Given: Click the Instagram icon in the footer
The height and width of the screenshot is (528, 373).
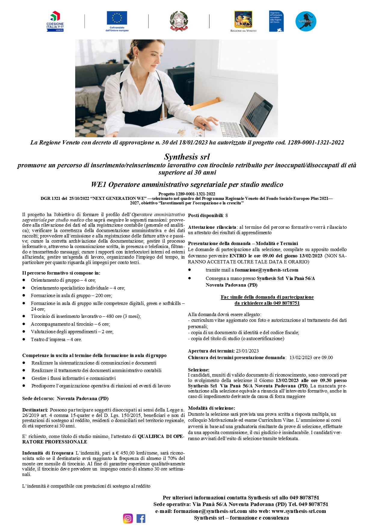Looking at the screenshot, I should tap(128, 518).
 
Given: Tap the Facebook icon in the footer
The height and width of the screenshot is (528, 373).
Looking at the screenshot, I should tap(141, 518).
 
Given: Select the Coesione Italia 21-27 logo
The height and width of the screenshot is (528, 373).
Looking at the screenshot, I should tap(55, 21).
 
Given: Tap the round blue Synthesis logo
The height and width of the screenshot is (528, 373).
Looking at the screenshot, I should tap(306, 21).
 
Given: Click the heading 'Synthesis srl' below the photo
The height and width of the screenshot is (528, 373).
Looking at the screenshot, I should tap(187, 157).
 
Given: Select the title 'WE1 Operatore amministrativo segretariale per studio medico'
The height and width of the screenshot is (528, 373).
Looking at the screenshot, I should tap(187, 184).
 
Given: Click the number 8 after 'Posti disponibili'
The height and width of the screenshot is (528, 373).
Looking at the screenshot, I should tap(227, 216).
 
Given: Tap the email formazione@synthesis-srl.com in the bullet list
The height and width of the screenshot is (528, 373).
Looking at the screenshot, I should tap(267, 270).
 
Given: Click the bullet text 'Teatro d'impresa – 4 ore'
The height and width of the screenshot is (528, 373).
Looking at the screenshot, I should tap(56, 339).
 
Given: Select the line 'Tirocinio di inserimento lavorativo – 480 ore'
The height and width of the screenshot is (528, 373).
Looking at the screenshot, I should tap(86, 316).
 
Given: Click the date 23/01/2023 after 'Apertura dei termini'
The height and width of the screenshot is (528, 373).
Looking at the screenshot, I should tap(247, 351).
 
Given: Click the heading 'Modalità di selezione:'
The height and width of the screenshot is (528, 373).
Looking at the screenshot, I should tap(211, 408).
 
